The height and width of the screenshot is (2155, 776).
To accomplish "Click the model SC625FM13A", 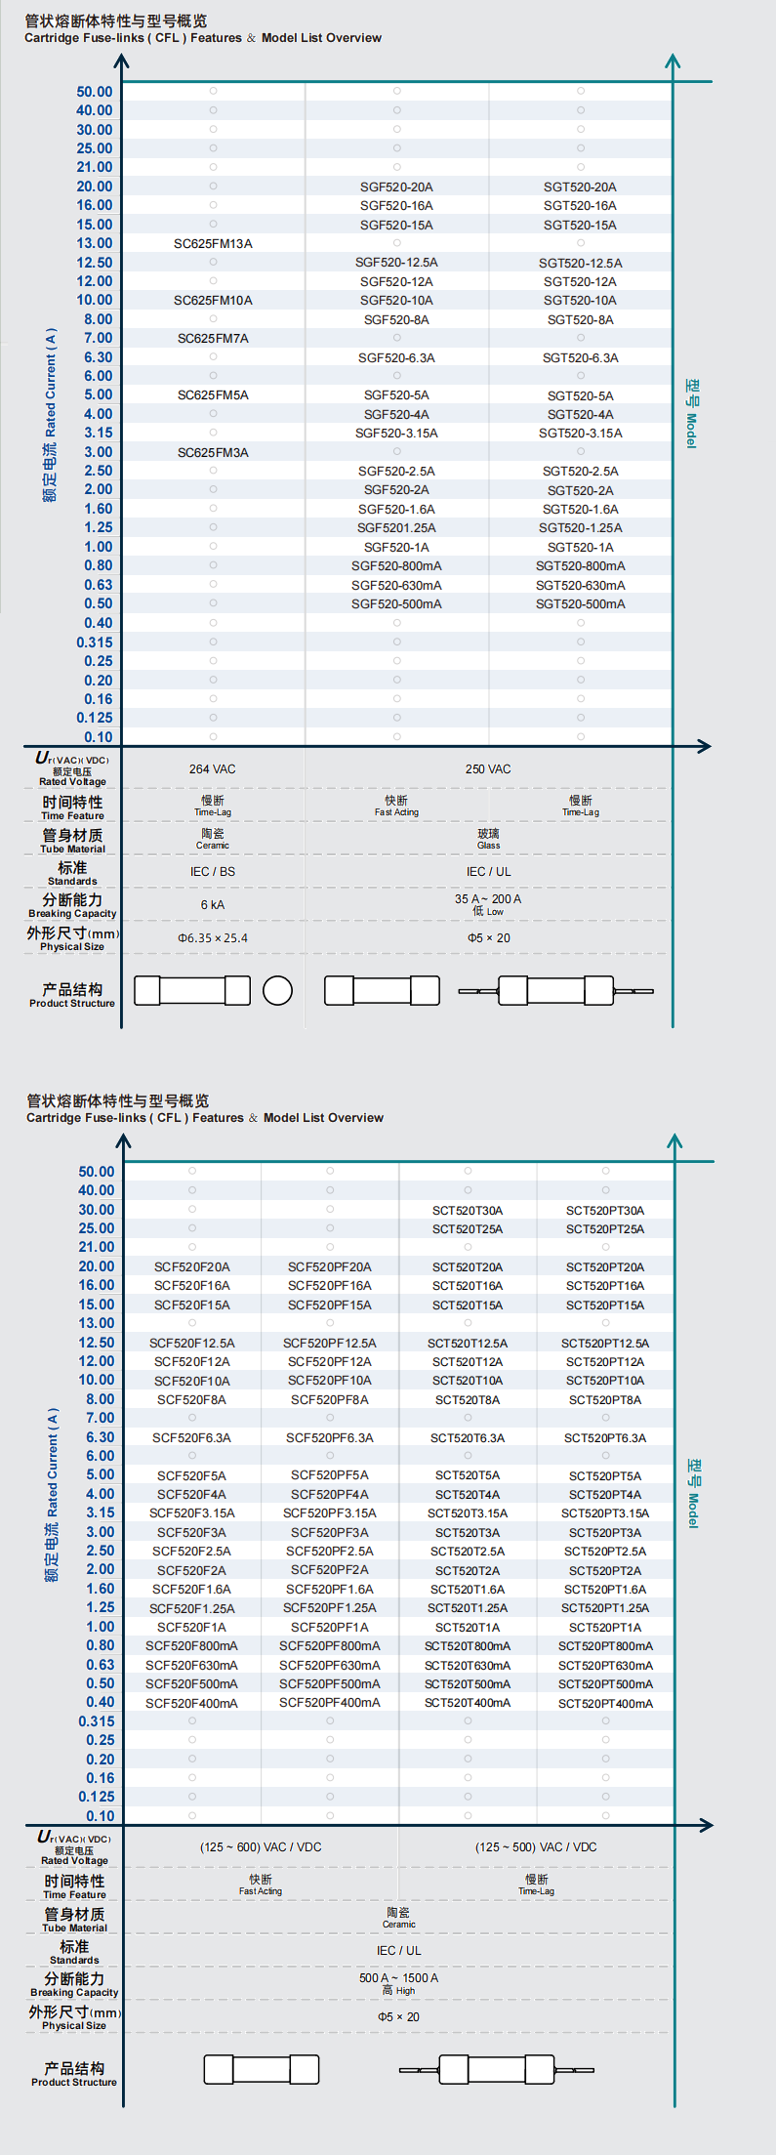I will [213, 244].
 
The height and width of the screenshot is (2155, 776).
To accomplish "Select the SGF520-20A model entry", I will [396, 187].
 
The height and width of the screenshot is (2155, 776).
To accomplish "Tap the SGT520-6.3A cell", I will [580, 358].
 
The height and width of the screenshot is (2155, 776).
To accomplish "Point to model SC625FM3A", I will [213, 453].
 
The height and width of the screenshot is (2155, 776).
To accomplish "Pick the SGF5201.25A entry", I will [396, 528].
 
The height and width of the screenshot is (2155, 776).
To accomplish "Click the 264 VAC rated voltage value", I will [212, 769].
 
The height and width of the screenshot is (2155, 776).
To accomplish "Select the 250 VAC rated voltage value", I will [488, 769].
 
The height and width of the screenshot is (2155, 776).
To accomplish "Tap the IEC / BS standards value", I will [212, 872].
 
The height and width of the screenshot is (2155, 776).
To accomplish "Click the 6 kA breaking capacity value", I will [212, 905].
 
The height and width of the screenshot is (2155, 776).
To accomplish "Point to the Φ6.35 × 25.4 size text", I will [212, 938].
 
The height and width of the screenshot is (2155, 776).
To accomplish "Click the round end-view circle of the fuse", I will [277, 990].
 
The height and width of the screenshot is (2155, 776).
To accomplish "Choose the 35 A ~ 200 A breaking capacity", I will [488, 899].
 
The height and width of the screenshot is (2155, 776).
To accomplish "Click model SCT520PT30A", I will [605, 1211].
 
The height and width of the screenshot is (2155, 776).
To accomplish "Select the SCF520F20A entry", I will [192, 1267].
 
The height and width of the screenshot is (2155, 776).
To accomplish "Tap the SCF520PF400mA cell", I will [330, 1703].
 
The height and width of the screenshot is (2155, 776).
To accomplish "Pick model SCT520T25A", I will [468, 1229].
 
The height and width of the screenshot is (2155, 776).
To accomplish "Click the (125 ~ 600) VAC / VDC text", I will [261, 1847].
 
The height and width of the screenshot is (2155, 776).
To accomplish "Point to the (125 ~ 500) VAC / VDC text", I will [536, 1847].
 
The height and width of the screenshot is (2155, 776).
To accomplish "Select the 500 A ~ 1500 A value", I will [398, 1978].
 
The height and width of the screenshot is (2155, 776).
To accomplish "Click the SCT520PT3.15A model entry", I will [605, 1513].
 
